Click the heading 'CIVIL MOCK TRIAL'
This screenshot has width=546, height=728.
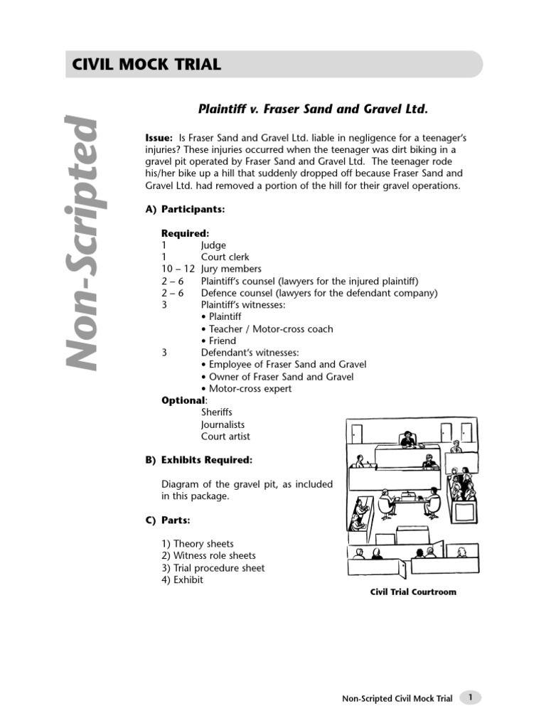[x=146, y=65]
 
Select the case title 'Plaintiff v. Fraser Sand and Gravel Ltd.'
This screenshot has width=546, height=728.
[x=313, y=109]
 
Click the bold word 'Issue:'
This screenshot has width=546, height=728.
[x=159, y=137]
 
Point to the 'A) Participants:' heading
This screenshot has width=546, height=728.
[x=185, y=209]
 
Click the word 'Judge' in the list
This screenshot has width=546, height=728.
[x=213, y=245]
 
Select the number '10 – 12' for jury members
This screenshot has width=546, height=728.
[x=178, y=269]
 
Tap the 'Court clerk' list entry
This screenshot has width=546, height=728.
[x=225, y=257]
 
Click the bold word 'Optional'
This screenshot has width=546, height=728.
[x=183, y=400]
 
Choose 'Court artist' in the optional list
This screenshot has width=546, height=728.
[x=225, y=437]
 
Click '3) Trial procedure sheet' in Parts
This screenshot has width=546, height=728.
[x=213, y=568]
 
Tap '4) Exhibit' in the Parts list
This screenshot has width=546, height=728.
[x=182, y=580]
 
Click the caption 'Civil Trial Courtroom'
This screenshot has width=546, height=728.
[x=412, y=592]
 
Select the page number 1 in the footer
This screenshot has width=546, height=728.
[x=470, y=698]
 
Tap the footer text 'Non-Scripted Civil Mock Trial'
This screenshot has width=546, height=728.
[x=397, y=699]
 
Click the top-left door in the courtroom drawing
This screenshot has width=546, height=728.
[x=356, y=432]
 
